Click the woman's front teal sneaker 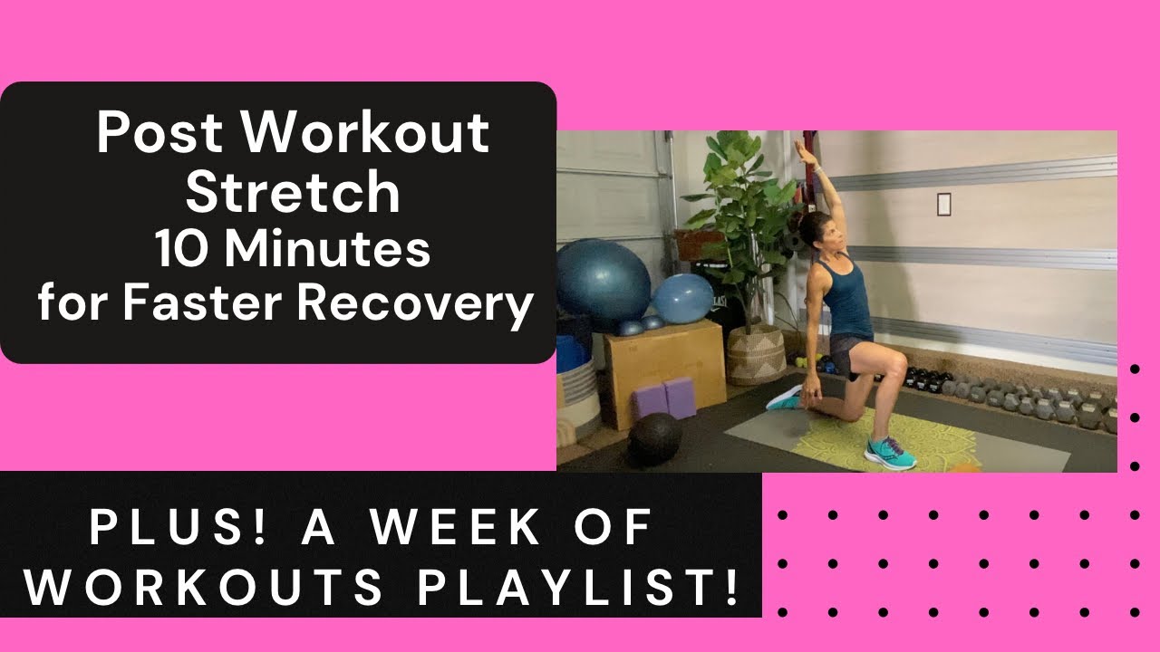[890, 450]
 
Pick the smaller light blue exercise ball [683, 299]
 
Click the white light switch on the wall [943, 204]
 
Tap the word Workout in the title [366, 133]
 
